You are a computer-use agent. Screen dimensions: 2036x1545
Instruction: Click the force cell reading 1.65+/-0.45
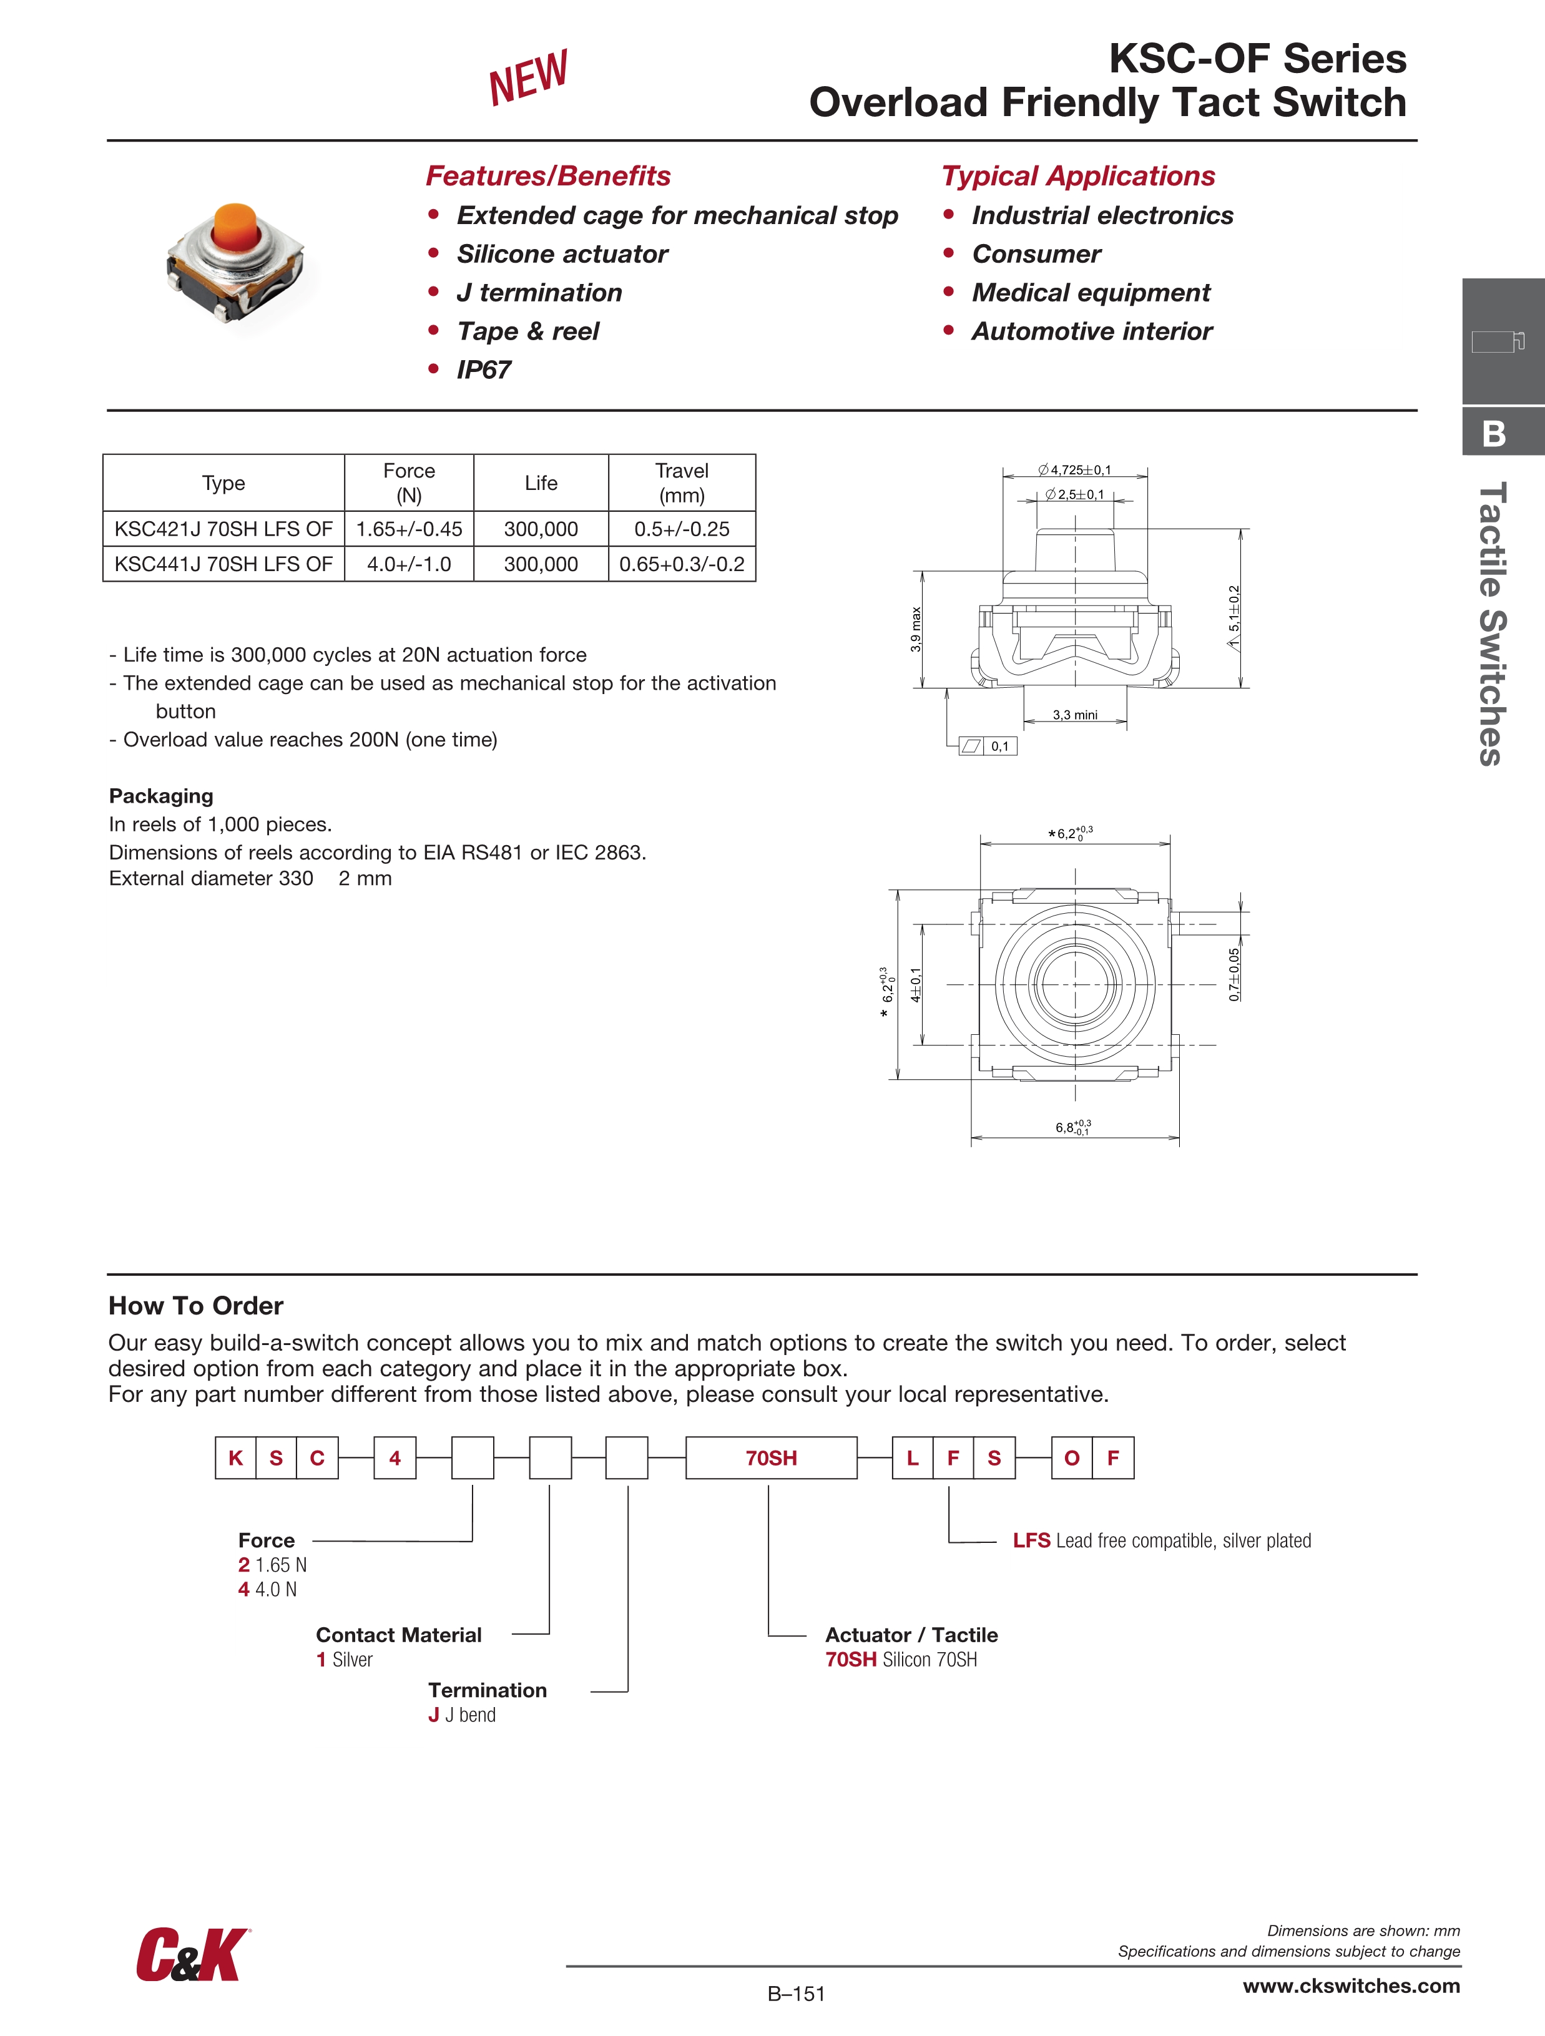pos(409,529)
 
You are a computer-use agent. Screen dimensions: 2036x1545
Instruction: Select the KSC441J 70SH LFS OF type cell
pos(223,564)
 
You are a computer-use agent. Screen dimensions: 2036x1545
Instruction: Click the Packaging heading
pos(161,796)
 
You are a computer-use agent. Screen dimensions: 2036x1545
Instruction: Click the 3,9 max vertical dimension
pos(915,630)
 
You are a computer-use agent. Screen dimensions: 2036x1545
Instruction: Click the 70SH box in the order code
pos(771,1458)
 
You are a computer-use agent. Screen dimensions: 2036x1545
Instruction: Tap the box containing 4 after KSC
pos(395,1458)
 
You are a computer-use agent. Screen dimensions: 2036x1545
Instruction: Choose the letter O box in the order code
pos(1072,1458)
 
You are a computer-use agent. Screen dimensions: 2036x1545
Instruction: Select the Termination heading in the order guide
pos(487,1690)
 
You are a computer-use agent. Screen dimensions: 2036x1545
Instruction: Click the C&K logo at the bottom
pos(192,1955)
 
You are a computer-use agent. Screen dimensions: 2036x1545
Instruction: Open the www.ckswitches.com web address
pos(1351,1986)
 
